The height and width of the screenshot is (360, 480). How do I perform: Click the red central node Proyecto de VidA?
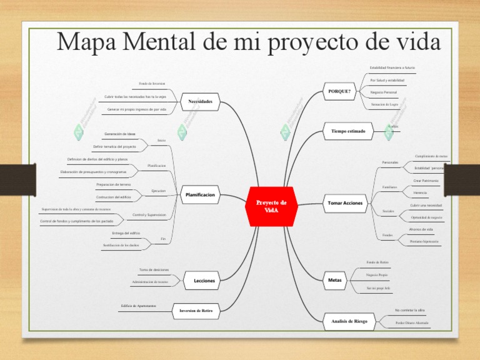point(271,206)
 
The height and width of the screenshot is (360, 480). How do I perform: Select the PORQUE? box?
point(339,91)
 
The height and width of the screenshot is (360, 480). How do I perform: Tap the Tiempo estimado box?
point(348,131)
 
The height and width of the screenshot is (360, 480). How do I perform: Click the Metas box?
point(335,280)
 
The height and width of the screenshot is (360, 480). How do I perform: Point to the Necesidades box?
point(200,101)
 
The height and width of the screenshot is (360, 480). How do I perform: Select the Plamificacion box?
point(200,195)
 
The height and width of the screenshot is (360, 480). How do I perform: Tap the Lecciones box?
point(204,281)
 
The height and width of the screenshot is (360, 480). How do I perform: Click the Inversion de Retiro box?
point(200,310)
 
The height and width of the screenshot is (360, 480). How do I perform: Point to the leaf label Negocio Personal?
point(383,92)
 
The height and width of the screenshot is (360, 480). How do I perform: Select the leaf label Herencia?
point(420,193)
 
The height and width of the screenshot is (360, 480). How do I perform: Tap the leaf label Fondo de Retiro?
point(377,262)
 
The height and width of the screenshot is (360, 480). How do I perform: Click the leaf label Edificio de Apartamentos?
point(138,306)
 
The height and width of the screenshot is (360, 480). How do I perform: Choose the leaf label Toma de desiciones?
point(154,270)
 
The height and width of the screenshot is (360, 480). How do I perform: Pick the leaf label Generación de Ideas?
point(120,134)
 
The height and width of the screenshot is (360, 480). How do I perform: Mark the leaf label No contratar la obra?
point(409,310)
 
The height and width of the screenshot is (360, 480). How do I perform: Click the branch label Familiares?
point(389,187)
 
